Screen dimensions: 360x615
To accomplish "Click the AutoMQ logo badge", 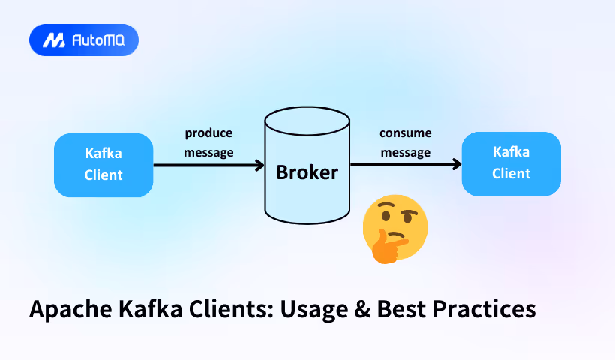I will click(83, 40).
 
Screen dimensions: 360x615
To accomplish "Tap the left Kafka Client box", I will click(103, 165).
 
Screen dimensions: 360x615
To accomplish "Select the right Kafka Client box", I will click(511, 163).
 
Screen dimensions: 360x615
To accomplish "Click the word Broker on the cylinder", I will click(307, 172).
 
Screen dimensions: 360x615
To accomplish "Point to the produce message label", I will click(208, 142).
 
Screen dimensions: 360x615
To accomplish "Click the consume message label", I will click(405, 142).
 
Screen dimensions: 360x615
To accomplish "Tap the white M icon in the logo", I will click(53, 40).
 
